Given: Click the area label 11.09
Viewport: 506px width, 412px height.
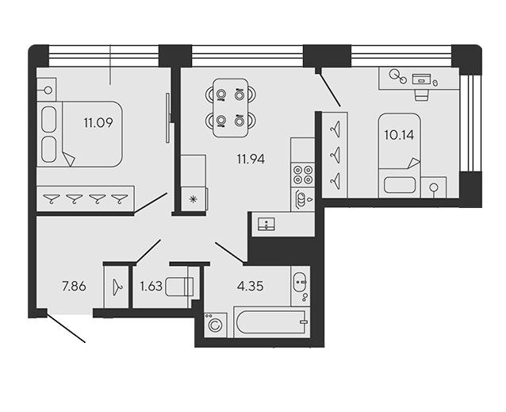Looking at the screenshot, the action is coord(98,123).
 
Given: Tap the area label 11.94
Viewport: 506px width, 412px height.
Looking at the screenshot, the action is coord(251,160).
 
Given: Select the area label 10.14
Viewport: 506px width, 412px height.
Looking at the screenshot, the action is coord(399,135).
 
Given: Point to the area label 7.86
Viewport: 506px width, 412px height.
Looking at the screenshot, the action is coord(75,287).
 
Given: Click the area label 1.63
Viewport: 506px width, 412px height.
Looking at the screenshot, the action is coord(151,287).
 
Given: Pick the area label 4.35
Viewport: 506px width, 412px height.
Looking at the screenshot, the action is coord(251,286).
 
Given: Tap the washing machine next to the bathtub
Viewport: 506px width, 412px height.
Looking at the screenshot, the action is coord(215,325).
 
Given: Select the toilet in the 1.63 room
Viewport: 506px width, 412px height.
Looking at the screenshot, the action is coord(179,287).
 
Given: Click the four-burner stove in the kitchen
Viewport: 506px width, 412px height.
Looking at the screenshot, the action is coord(303,175).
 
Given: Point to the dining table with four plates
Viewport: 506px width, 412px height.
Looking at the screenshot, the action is coord(231,107).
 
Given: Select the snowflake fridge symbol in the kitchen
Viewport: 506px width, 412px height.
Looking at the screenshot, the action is coord(194,199).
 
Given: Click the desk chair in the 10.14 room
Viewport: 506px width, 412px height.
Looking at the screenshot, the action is coord(421,95).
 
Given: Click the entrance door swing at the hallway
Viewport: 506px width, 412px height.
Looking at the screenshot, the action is coord(66,327).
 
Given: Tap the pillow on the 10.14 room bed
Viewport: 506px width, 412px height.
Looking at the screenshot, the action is coord(400,185).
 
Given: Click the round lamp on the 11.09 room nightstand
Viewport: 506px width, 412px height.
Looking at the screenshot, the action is coord(48,90).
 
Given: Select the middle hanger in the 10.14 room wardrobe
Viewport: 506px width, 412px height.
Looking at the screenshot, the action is coord(335,155).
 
